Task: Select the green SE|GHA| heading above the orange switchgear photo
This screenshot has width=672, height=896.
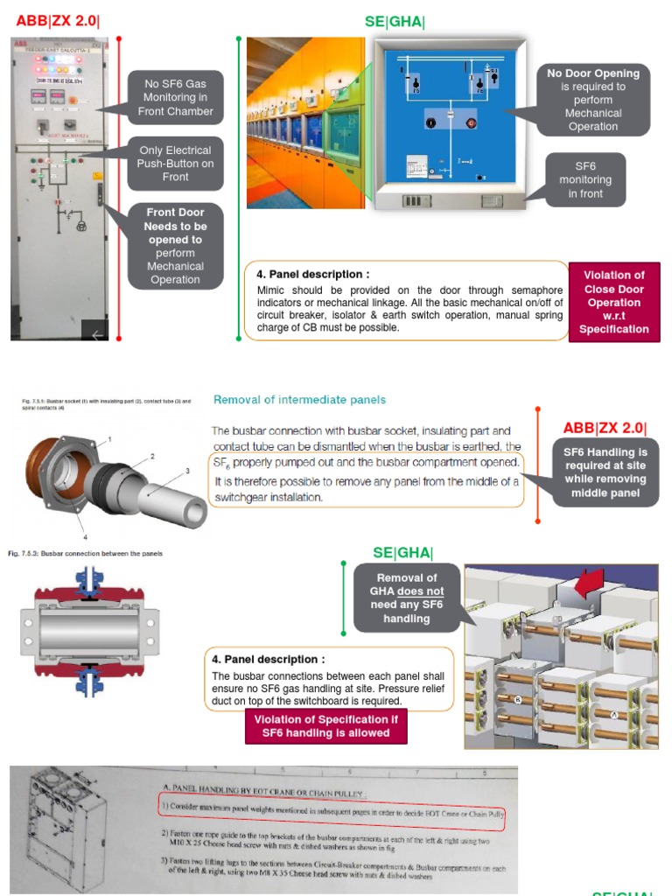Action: pos(395,22)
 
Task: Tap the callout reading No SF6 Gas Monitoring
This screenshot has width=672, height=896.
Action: pos(175,98)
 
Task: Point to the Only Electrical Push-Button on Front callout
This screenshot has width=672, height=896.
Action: pos(175,164)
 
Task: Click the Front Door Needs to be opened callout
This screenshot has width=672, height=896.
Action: pos(175,246)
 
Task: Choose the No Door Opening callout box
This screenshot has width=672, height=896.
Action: pos(592,100)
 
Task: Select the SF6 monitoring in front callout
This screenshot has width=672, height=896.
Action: pos(585,179)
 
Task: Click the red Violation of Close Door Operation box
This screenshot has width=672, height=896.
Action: pos(613,302)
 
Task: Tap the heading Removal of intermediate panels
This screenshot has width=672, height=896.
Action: pos(299,400)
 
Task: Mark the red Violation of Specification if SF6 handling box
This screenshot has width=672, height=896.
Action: pos(325,726)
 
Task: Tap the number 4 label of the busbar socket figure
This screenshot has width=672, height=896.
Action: pos(85,535)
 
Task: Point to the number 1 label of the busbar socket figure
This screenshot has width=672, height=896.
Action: pos(109,437)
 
